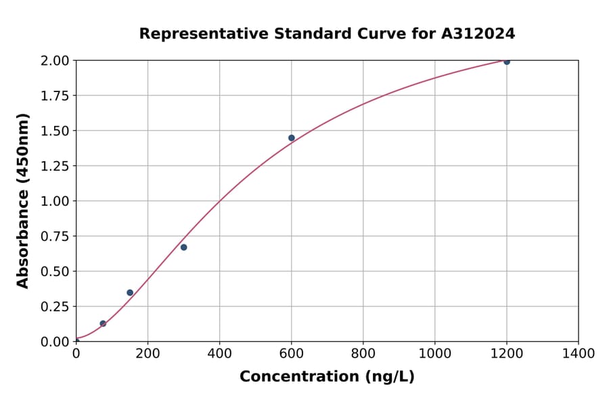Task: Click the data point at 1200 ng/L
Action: click(507, 62)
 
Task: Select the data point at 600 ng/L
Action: click(292, 138)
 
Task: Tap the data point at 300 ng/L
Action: click(184, 248)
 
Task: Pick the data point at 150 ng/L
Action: click(130, 293)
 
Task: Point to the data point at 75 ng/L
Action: click(103, 323)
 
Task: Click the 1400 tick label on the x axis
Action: click(578, 354)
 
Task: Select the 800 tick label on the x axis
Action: click(363, 354)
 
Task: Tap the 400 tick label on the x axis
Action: click(219, 354)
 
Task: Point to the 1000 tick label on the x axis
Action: click(434, 354)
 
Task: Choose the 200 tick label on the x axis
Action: click(148, 354)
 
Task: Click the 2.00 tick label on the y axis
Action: click(55, 61)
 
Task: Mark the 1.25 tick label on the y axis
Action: click(55, 166)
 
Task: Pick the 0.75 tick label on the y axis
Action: click(55, 236)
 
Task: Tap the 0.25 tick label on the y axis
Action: click(55, 307)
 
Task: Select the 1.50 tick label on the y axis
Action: click(55, 131)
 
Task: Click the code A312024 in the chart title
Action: click(478, 34)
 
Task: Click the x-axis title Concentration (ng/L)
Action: click(327, 377)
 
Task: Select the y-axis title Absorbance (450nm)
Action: click(23, 201)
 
